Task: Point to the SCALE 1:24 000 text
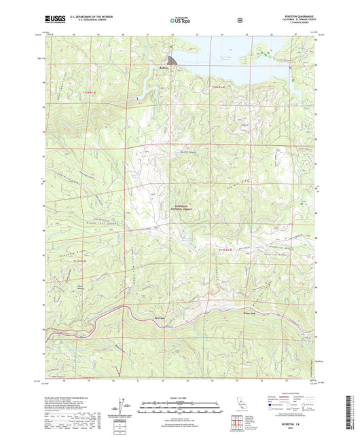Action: (181, 398)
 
